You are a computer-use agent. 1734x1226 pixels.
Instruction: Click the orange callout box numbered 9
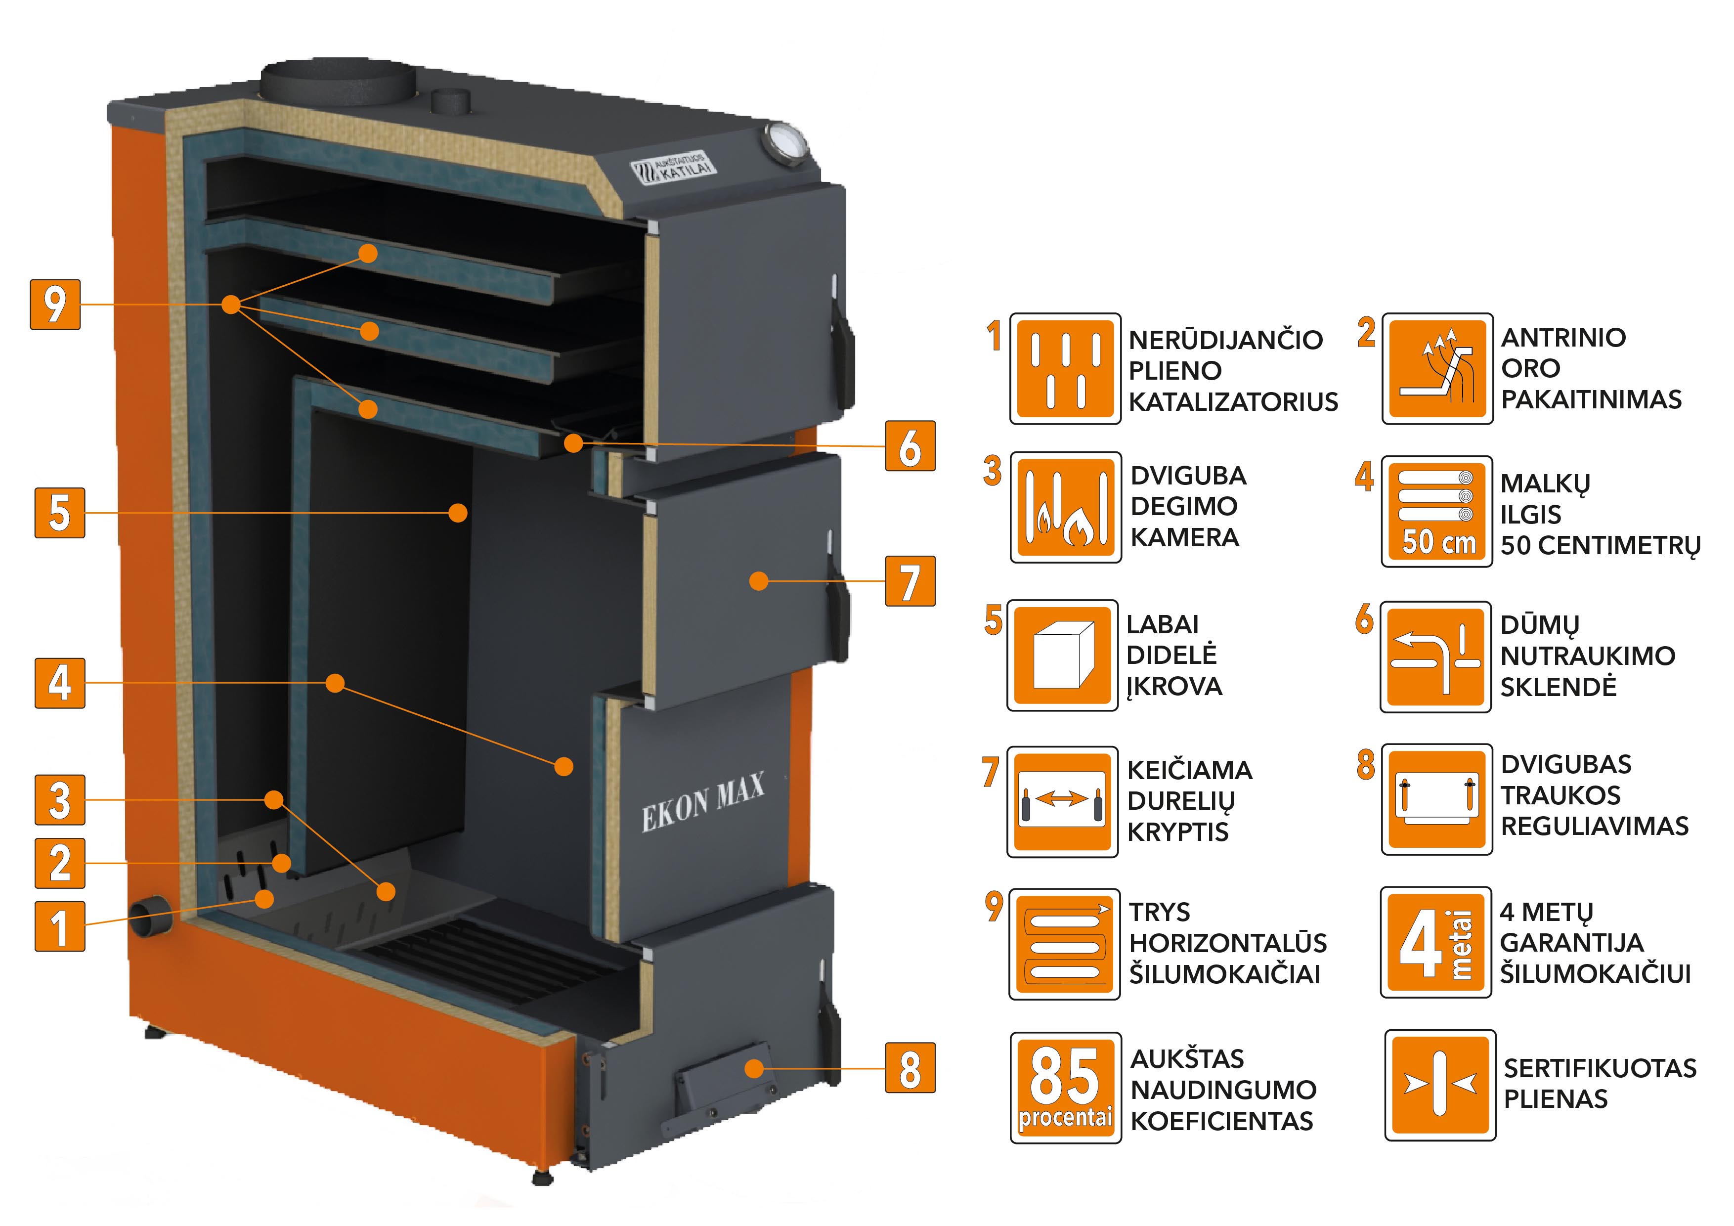pos(55,305)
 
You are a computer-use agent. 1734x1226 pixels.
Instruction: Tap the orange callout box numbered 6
pos(910,446)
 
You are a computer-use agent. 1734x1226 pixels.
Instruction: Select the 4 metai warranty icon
pos(1435,943)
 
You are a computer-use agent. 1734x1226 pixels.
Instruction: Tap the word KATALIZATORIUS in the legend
pos(1233,402)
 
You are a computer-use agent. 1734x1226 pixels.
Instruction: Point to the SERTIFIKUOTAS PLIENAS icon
pos(1439,1084)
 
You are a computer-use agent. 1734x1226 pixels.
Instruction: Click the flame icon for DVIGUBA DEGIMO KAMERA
pos(1066,508)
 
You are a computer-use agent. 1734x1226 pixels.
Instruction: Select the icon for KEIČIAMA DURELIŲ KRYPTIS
pos(1063,801)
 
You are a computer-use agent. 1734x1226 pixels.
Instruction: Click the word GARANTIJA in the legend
pos(1571,943)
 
